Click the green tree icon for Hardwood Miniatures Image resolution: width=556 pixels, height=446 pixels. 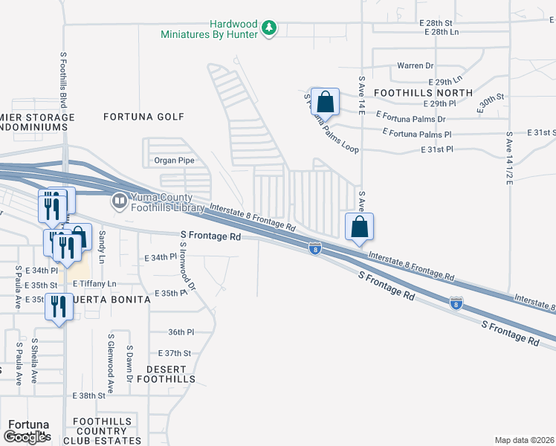click(x=270, y=29)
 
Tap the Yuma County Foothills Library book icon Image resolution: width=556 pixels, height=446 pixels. click(x=119, y=201)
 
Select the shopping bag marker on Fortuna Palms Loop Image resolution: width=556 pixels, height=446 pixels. click(x=325, y=101)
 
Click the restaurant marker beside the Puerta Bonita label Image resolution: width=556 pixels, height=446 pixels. click(x=57, y=306)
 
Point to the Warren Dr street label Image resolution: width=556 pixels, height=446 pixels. click(x=415, y=65)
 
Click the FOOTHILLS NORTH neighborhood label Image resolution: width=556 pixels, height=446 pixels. click(x=423, y=92)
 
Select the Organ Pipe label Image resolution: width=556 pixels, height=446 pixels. click(x=174, y=160)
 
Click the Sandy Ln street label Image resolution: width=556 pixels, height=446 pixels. click(x=103, y=242)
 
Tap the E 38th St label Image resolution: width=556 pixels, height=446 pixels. click(x=90, y=395)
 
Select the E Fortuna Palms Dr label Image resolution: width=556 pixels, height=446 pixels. click(x=410, y=118)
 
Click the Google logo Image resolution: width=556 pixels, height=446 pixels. click(x=26, y=437)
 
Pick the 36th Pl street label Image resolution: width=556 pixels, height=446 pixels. click(x=181, y=332)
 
